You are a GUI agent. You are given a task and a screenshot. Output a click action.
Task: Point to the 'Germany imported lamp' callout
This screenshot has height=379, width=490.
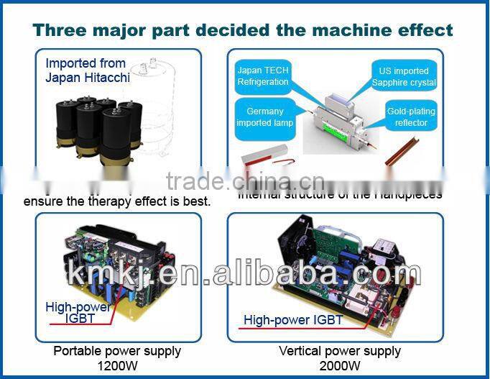265,117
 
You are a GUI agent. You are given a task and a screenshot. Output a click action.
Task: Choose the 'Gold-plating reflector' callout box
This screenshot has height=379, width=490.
411,117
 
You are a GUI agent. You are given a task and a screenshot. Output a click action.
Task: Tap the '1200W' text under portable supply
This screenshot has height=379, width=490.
117,365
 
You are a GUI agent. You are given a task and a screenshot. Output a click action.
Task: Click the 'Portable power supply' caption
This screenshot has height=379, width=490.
117,351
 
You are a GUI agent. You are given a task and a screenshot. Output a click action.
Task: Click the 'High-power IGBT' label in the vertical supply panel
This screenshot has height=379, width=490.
293,320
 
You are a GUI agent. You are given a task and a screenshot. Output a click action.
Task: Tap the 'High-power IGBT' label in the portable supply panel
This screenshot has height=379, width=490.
78,312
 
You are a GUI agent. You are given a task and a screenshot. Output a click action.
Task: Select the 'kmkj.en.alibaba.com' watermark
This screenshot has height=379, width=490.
244,275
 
